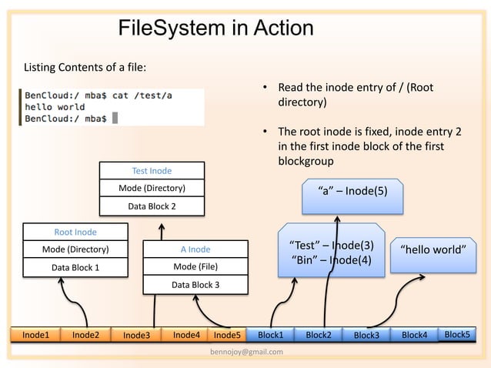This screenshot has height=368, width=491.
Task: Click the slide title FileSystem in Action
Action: click(x=215, y=28)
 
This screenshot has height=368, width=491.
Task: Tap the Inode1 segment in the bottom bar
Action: click(x=35, y=335)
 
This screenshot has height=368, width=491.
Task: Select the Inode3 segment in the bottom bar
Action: click(x=136, y=335)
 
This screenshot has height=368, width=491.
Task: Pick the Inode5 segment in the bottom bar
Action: click(x=227, y=335)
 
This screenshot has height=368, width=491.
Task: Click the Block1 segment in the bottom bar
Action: click(x=270, y=335)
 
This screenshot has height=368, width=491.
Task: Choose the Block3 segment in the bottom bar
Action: click(x=366, y=335)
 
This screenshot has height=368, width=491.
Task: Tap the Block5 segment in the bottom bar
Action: click(x=457, y=334)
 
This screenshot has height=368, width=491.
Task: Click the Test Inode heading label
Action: click(x=152, y=171)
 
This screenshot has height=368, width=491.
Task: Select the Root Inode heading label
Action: click(x=75, y=231)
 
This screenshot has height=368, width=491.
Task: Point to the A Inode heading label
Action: click(x=195, y=249)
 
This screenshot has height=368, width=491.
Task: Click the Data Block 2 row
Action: click(x=152, y=206)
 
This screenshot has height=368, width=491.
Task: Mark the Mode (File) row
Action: click(x=195, y=267)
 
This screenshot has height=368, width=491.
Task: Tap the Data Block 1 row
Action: click(x=75, y=267)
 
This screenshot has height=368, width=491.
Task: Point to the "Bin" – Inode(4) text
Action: click(x=332, y=260)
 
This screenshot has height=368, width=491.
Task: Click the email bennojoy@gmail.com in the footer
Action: click(x=245, y=352)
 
